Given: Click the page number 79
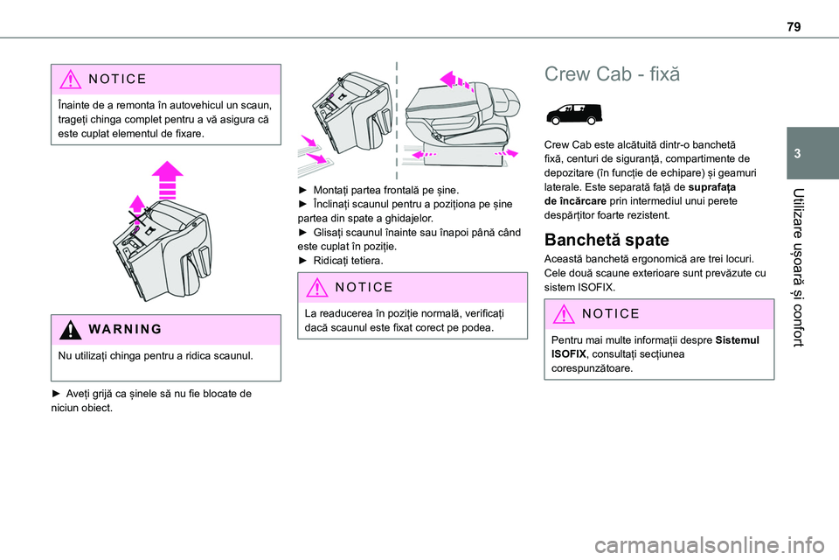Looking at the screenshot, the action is pyautogui.click(x=794, y=26).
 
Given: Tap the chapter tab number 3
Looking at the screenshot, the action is pyautogui.click(x=797, y=154).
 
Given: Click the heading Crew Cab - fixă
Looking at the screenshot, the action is pyautogui.click(x=612, y=74).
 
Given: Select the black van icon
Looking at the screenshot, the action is pyautogui.click(x=574, y=114).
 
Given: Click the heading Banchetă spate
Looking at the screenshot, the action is pyautogui.click(x=607, y=240).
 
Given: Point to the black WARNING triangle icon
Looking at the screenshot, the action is pyautogui.click(x=70, y=329).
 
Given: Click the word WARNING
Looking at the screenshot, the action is pyautogui.click(x=125, y=329).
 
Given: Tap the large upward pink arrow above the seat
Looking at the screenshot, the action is pyautogui.click(x=168, y=179).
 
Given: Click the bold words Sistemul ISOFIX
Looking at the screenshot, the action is pyautogui.click(x=655, y=346).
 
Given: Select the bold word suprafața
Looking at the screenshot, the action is pyautogui.click(x=712, y=187).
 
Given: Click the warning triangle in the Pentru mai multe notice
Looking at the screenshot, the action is pyautogui.click(x=563, y=314).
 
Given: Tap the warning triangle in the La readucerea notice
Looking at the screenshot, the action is pyautogui.click(x=316, y=288).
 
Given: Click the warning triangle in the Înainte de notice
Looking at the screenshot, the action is pyautogui.click(x=70, y=80).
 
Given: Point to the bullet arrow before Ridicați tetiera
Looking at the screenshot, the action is pyautogui.click(x=302, y=261).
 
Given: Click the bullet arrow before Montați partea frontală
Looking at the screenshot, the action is pyautogui.click(x=302, y=190).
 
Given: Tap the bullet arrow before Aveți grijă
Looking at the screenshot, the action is pyautogui.click(x=56, y=394).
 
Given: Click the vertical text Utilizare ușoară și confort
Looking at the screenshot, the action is pyautogui.click(x=798, y=268).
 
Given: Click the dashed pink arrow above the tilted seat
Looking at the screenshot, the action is pyautogui.click(x=456, y=80).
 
